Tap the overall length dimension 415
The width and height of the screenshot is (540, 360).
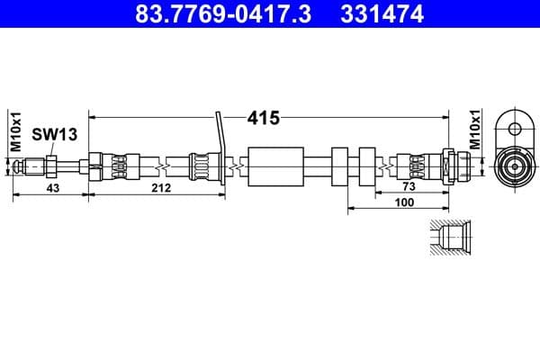point(265,117)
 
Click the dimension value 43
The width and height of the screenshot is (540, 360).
point(52,188)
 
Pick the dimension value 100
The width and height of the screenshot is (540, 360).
point(403,202)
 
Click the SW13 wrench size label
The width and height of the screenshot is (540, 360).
point(55,135)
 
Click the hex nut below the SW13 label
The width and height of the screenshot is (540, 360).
point(52,166)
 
